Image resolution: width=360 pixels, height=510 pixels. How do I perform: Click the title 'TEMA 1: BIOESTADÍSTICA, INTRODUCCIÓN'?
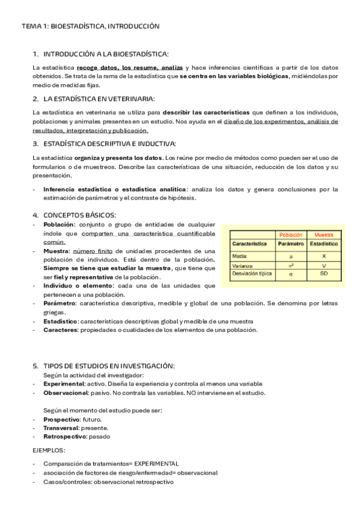90,26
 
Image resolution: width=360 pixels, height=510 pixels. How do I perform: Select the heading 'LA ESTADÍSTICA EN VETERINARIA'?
99,99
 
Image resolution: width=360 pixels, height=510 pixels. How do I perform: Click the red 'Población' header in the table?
290,234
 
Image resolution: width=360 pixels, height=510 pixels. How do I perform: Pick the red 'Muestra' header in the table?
324,234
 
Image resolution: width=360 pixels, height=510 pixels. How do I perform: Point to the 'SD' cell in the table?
324,274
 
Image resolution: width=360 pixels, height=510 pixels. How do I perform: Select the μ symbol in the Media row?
290,256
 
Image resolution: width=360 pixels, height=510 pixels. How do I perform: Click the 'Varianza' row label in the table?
242,265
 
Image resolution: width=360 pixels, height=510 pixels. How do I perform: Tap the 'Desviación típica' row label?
251,274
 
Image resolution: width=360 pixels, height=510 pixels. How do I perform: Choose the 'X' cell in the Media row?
324,256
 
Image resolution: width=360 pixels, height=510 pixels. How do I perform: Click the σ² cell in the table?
290,265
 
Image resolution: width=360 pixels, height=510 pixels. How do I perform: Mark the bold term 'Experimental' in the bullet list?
63,384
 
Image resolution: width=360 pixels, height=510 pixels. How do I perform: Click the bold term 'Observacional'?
66,393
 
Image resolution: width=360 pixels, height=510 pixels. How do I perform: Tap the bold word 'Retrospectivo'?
64,436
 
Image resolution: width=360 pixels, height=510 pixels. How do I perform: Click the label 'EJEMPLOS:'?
49,449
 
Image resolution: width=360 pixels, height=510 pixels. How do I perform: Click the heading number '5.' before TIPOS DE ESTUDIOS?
35,366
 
